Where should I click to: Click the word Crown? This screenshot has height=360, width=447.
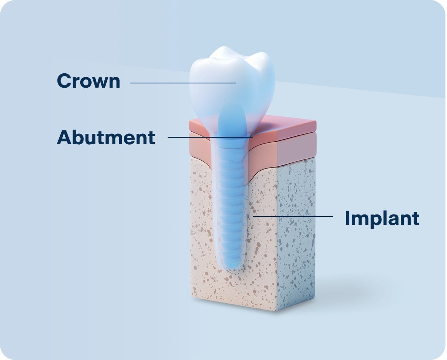coord(88,81)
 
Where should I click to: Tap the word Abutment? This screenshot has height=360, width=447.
coord(106,138)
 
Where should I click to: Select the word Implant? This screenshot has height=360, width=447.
coord(382,218)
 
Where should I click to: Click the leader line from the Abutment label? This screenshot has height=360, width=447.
coord(210,137)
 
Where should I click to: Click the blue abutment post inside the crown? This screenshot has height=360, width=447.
coord(232,120)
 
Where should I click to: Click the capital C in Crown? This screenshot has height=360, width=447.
coord(64,81)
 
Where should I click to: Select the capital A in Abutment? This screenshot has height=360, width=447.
coord(64,138)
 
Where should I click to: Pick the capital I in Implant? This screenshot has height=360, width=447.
coord(348,218)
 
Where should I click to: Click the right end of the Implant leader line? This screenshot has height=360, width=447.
coord(332,216)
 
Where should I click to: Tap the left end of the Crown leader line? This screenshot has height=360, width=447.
coord(131,83)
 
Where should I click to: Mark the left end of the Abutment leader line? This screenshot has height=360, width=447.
coord(168,137)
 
